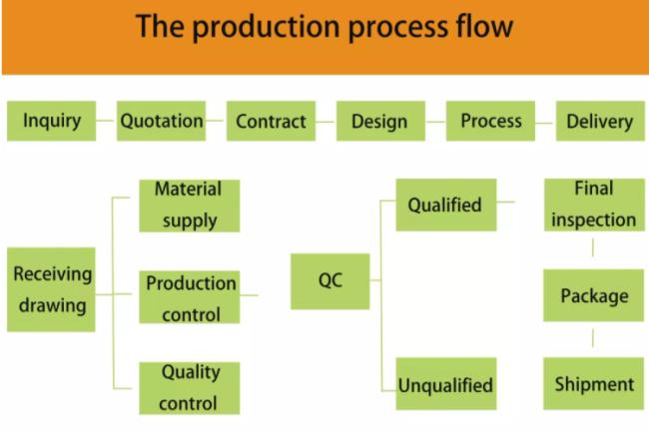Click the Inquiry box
coord(51,121)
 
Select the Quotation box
coord(161,121)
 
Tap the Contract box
coord(272,121)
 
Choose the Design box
coord(380,121)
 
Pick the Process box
coord(490,121)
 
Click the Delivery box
coord(600,121)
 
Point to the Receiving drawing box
coord(51,289)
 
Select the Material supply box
coord(189,206)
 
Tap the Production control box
coord(189,297)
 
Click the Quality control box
coord(189,388)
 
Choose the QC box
coord(329,281)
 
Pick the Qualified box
coord(446,205)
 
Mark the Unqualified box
coord(446,384)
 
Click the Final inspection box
coord(594,205)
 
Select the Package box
coord(593,295)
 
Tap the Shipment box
coord(593,384)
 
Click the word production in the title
coord(267,28)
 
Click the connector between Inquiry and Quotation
coord(105,121)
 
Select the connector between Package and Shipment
coord(593,338)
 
